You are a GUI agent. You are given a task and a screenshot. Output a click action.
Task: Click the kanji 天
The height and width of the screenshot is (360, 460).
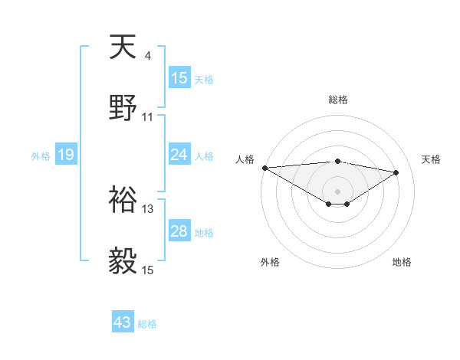pos(123,48)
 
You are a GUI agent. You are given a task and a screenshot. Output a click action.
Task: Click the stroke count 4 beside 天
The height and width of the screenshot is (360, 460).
pos(148,55)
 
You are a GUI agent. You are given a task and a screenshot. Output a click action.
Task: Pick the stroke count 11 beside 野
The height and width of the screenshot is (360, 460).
pos(148,117)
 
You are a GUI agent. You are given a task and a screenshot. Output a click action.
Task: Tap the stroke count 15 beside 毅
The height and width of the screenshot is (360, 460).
pos(148,270)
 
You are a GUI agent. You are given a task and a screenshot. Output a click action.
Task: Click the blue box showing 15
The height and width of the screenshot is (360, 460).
pos(179,78)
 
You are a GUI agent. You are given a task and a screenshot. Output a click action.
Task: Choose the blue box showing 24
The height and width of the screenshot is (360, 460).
pos(179,155)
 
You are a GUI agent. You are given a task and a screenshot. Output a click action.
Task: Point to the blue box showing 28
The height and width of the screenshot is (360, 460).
pos(179,231)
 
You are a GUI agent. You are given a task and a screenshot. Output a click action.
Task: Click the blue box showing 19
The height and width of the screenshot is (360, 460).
pos(66,155)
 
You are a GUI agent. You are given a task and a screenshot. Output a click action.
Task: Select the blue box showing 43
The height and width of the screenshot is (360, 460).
pos(123,322)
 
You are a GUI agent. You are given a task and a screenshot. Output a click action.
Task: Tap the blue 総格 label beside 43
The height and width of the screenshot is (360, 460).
pos(147,324)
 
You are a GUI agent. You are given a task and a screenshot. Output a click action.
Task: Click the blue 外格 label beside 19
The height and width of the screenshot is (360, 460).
pos(41,156)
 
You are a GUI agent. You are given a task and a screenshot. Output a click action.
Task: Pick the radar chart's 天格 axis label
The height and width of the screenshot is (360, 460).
pos(431,159)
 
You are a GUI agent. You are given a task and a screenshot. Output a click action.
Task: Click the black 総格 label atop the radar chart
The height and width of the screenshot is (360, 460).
pos(338,100)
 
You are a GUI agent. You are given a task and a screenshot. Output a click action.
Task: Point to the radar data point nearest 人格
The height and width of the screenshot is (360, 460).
pos(264,168)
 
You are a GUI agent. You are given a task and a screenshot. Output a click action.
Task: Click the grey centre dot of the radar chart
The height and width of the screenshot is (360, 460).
pos(338,190)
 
